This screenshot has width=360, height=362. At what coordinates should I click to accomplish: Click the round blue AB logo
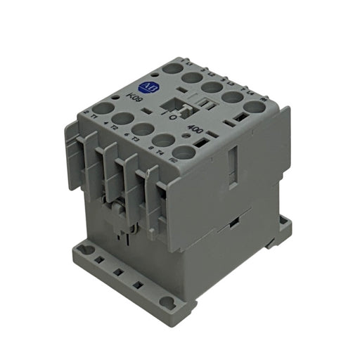coord(149,86)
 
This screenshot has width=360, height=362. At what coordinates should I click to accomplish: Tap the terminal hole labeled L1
coord(171,70)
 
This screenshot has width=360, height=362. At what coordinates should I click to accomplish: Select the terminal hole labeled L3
coord(212,89)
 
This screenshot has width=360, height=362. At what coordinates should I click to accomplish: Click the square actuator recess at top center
coord(176,105)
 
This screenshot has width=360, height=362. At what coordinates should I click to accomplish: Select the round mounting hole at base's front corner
coord(167,302)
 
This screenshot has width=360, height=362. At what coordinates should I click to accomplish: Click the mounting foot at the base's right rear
coord(283,226)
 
